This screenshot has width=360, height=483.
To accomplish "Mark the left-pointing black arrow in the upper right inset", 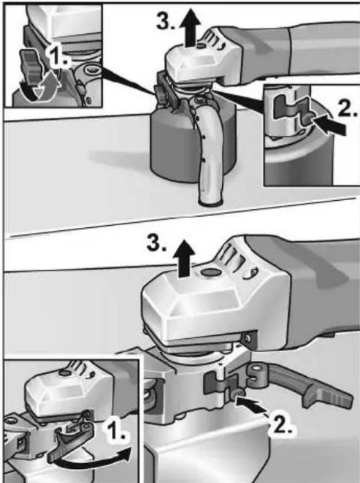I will (327, 121).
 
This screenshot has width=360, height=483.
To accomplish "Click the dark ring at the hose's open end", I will (210, 202).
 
